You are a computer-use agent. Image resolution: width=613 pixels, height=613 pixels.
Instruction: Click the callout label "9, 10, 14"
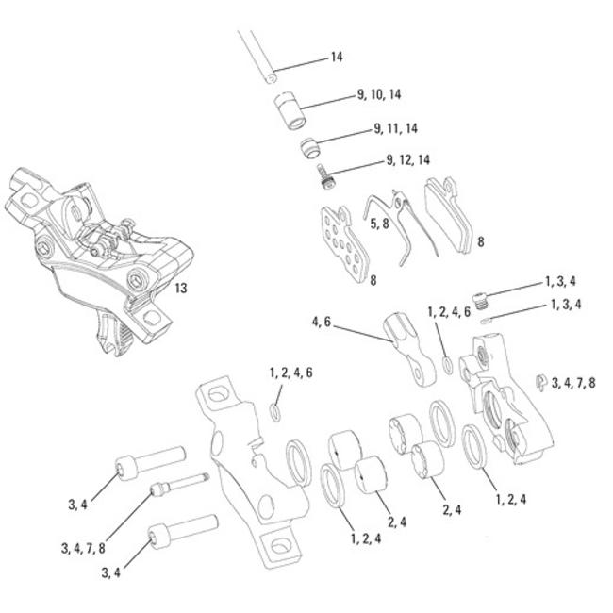pyautogui.click(x=379, y=94)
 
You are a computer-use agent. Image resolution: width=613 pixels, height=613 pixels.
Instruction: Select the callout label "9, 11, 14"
pyautogui.click(x=396, y=128)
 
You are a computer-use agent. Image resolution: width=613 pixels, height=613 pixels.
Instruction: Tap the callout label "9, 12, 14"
pyautogui.click(x=407, y=160)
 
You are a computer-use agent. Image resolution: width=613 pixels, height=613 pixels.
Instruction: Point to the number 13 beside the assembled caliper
pyautogui.click(x=179, y=289)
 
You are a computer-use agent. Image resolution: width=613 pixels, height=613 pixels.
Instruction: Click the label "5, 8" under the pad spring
pyautogui.click(x=380, y=224)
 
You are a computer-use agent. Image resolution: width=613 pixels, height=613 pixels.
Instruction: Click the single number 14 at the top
pyautogui.click(x=337, y=58)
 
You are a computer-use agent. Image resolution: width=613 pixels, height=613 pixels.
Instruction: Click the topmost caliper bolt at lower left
pyautogui.click(x=145, y=462)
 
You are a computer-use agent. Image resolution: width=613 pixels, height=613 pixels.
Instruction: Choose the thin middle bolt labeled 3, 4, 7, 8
pyautogui.click(x=179, y=486)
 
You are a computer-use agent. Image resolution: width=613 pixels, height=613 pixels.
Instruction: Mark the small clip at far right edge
pyautogui.click(x=539, y=382)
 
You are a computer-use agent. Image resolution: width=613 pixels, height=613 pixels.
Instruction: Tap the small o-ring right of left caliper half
pyautogui.click(x=273, y=410)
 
